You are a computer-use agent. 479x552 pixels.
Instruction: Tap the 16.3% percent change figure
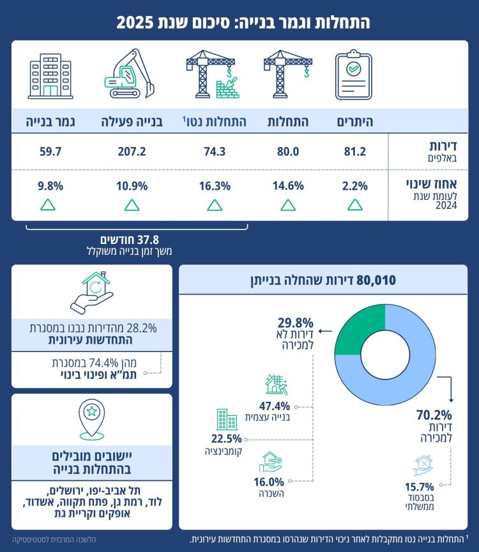tap(215, 187)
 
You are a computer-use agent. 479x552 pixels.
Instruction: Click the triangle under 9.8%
tap(48, 205)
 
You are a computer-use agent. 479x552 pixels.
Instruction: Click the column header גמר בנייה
tap(49, 120)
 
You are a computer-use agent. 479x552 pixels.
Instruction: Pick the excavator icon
tap(130, 75)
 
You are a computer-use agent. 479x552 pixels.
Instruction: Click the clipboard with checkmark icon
tap(354, 75)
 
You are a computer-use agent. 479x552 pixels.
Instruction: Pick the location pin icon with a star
tap(91, 418)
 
